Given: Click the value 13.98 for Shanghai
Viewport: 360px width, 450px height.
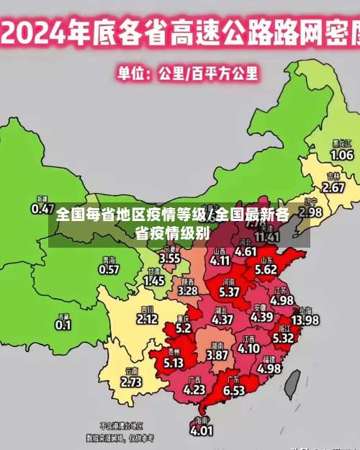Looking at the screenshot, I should pyautogui.click(x=305, y=320).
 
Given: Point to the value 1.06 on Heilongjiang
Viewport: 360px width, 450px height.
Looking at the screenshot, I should pyautogui.click(x=341, y=155).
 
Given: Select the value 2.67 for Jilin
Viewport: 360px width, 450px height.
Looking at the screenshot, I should pyautogui.click(x=333, y=187).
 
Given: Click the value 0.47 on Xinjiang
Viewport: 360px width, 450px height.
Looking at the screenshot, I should pyautogui.click(x=42, y=209).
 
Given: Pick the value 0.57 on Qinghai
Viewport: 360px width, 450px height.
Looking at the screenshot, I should pyautogui.click(x=109, y=269).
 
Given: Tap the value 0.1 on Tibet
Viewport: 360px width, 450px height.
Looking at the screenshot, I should pyautogui.click(x=63, y=325).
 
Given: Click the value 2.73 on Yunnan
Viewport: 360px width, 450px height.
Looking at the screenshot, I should pyautogui.click(x=132, y=382).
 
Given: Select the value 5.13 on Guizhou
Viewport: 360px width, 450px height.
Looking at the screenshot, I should pyautogui.click(x=174, y=364).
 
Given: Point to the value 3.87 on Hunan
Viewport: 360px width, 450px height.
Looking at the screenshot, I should pyautogui.click(x=217, y=355).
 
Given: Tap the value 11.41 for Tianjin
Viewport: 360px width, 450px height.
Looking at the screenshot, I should pyautogui.click(x=267, y=236).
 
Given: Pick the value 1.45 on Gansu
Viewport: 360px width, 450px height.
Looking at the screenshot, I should pyautogui.click(x=154, y=282).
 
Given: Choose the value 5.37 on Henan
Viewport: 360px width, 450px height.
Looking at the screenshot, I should pyautogui.click(x=229, y=292).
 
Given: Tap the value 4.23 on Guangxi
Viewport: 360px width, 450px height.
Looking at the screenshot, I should pyautogui.click(x=194, y=390).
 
